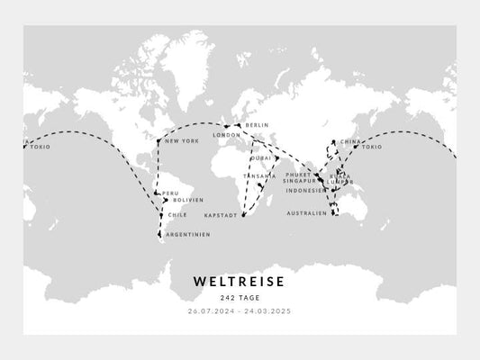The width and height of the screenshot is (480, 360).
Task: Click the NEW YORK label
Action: point(183,141)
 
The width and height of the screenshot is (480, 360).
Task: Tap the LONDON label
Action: point(226,136)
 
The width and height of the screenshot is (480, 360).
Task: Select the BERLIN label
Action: point(257,125)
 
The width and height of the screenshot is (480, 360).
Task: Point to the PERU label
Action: point(170,193)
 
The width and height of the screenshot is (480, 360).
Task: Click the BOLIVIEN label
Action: point(187,200)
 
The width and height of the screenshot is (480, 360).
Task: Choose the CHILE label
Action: point(177,216)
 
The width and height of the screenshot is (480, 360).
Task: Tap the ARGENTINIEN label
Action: point(188,235)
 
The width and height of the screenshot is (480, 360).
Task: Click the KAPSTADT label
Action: point(222,216)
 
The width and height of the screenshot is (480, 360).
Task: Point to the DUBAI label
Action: point(262,157)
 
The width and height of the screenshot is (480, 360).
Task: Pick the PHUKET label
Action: point(297,174)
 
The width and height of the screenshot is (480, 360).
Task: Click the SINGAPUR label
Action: point(298,182)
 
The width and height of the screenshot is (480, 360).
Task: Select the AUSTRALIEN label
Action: point(305,213)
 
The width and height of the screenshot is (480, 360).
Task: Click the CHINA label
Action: point(350,142)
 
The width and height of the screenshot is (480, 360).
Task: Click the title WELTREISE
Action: point(239,282)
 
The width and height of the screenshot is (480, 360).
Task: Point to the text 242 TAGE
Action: point(239,299)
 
